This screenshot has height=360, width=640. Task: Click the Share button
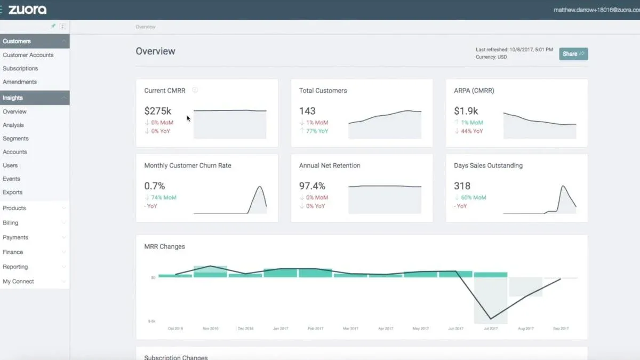pos(573,54)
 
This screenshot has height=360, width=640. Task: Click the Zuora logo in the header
pos(27,10)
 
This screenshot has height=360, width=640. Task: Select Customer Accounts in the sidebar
pos(28,55)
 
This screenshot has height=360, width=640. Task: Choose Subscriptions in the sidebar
pos(20,68)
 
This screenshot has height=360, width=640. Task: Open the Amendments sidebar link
pos(20,82)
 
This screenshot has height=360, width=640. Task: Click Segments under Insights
pos(15,138)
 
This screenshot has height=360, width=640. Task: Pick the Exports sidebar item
pos(12,192)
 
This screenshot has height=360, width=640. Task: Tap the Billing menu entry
pos(10,222)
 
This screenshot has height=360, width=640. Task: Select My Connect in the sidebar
pos(18,281)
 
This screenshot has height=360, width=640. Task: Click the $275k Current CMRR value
pos(158,111)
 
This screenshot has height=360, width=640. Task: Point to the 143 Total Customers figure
pos(307,111)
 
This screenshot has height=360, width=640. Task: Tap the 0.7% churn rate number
pos(155,186)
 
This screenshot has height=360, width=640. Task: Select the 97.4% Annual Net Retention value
pos(312,186)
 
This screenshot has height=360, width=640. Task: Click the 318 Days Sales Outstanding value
pos(462,186)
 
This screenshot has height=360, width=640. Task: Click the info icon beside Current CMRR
pos(195,90)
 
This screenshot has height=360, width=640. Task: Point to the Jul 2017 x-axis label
pos(491,329)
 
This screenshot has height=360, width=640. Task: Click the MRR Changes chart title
pos(164,246)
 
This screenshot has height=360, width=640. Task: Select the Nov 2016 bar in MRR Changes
pos(210,271)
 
